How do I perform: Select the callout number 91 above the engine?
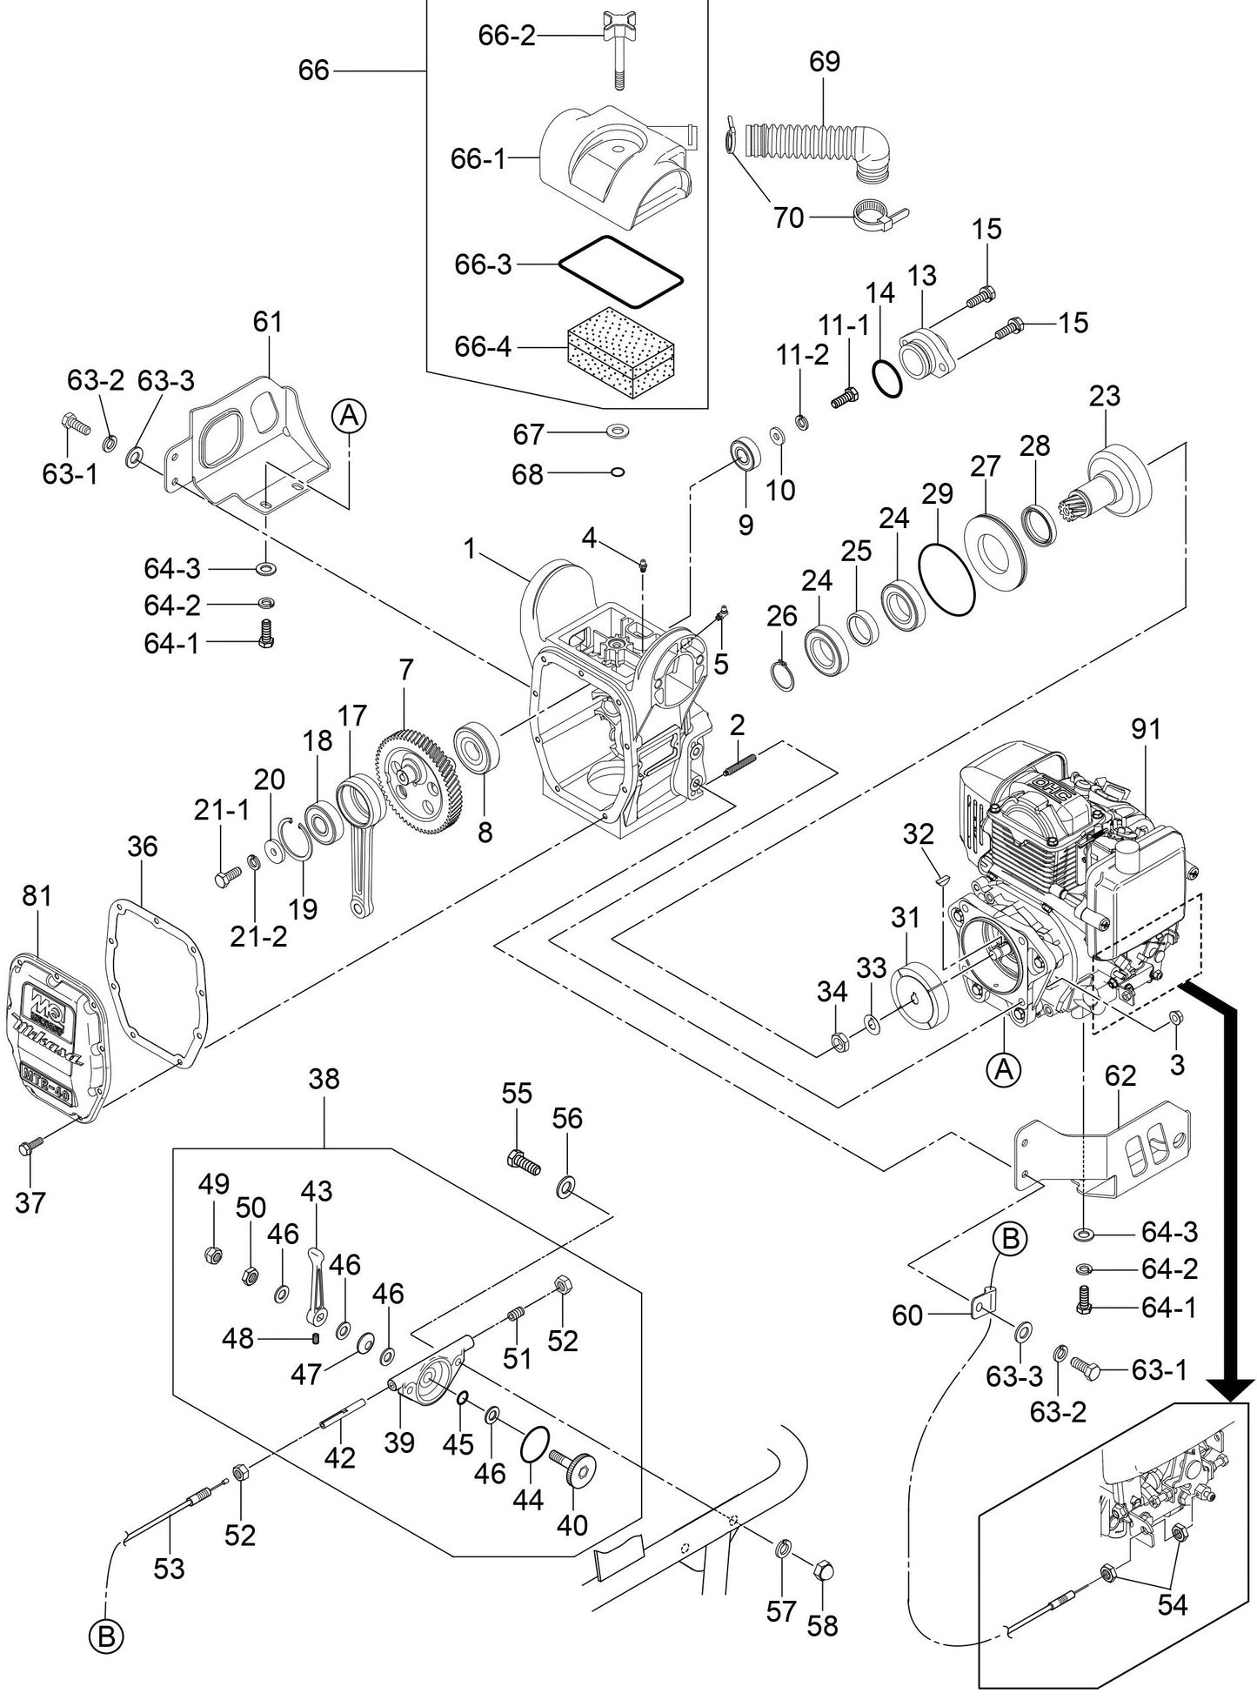[x=1146, y=730]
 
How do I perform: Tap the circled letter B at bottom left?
[x=105, y=1637]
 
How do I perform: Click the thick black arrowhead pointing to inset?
[x=1231, y=1387]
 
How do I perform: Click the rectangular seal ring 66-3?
[x=620, y=271]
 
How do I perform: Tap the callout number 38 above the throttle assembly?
[x=324, y=1080]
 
